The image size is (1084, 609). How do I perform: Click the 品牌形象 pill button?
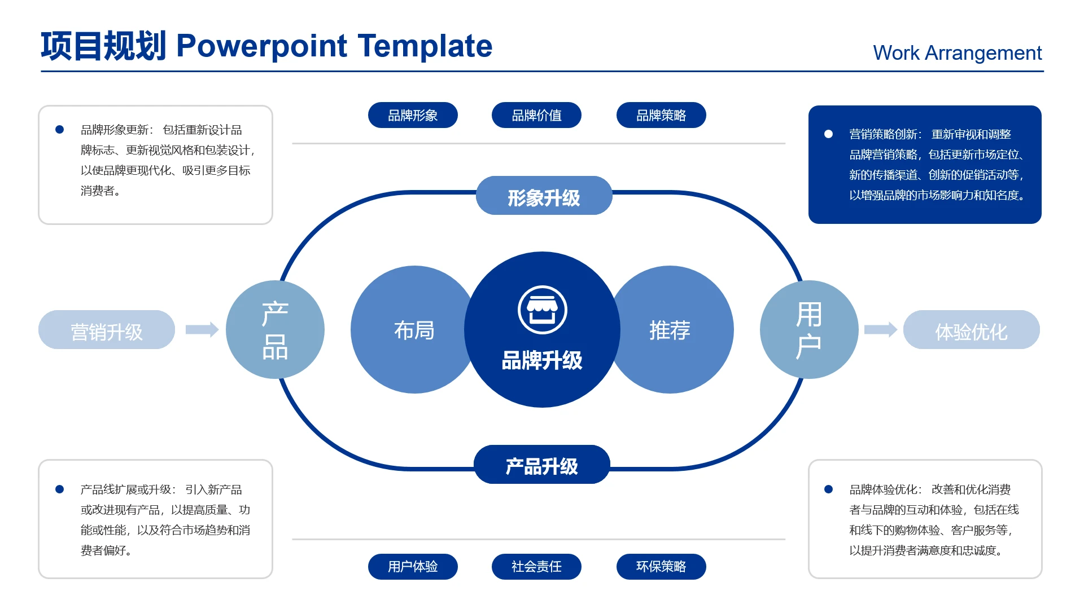pyautogui.click(x=413, y=115)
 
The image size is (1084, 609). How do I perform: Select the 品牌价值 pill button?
pyautogui.click(x=536, y=115)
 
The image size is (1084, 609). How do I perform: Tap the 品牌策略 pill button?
pyautogui.click(x=661, y=115)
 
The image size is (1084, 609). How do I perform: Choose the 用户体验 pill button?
pyautogui.click(x=413, y=566)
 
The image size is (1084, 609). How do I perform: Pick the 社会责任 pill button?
pyautogui.click(x=536, y=566)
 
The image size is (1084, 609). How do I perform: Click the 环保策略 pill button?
pyautogui.click(x=661, y=566)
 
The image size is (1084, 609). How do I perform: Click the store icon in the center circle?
pyautogui.click(x=543, y=310)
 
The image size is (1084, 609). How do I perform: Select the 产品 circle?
pyautogui.click(x=275, y=329)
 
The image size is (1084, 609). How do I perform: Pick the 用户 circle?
pyautogui.click(x=809, y=329)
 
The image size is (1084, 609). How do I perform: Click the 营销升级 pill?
pyautogui.click(x=107, y=329)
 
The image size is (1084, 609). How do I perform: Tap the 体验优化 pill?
pyautogui.click(x=972, y=329)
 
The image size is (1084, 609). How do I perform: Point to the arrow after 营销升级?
pyautogui.click(x=202, y=329)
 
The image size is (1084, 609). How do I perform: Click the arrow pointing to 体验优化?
pyautogui.click(x=881, y=329)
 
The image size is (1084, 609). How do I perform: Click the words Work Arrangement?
pyautogui.click(x=958, y=52)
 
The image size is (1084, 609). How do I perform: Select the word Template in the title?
pyautogui.click(x=425, y=46)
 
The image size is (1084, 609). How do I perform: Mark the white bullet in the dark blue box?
pyautogui.click(x=828, y=134)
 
